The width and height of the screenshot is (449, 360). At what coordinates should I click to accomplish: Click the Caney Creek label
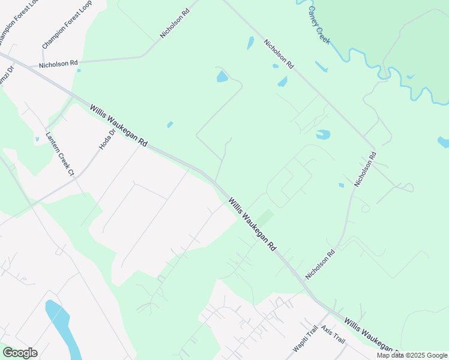319,25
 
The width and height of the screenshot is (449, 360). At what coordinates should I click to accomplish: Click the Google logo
20,353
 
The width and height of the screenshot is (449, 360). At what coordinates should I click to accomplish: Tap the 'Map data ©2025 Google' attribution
412,355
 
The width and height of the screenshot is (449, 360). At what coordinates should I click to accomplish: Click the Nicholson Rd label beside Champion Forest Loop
58,63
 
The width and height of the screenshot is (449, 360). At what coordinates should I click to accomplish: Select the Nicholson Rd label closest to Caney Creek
279,53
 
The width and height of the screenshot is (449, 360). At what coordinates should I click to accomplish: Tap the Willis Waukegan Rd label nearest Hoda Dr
119,125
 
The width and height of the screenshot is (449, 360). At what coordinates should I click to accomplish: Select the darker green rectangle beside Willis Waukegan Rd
265,218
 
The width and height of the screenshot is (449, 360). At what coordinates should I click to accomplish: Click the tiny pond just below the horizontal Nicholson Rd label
79,70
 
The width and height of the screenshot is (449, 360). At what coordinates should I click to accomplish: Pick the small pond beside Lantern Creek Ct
37,139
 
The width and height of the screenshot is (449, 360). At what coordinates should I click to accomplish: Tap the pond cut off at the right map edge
444,142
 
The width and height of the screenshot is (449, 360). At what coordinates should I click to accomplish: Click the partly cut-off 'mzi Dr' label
5,78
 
